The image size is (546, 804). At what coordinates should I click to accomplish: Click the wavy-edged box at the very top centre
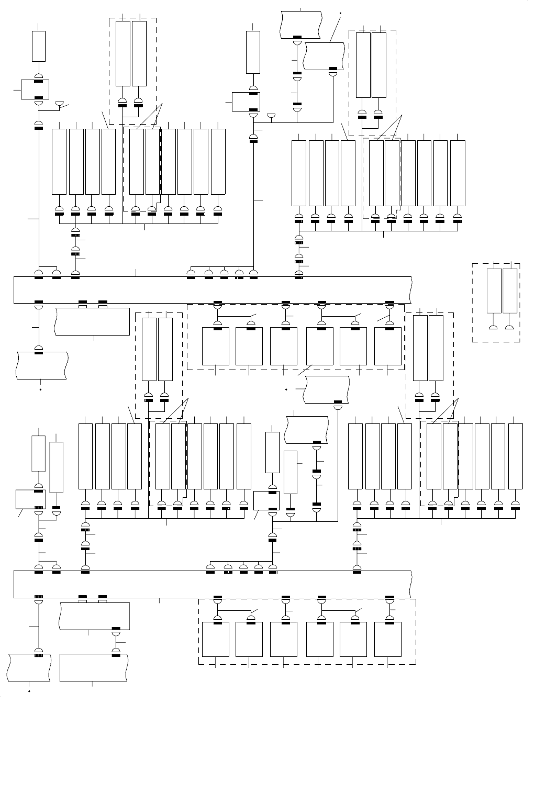[301, 24]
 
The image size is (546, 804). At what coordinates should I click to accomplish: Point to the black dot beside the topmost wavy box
[340, 12]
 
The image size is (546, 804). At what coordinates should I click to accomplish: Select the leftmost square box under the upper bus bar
[216, 347]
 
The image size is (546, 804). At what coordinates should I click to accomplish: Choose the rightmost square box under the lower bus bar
[388, 639]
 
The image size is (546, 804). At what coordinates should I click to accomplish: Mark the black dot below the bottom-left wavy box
[29, 691]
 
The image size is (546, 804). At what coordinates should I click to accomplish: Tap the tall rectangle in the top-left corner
[39, 46]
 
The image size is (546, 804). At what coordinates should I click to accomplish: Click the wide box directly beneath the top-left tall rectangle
[35, 89]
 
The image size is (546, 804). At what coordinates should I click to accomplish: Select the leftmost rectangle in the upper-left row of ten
[59, 161]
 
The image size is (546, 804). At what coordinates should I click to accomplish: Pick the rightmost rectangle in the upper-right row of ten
[458, 173]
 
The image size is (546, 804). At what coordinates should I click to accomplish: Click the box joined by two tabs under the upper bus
[92, 321]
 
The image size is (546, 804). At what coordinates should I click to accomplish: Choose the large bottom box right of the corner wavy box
[94, 667]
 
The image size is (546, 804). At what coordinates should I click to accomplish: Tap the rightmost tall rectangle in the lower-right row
[515, 456]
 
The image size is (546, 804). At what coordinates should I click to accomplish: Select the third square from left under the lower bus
[284, 639]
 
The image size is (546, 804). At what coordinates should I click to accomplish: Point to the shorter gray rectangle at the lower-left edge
[38, 453]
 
